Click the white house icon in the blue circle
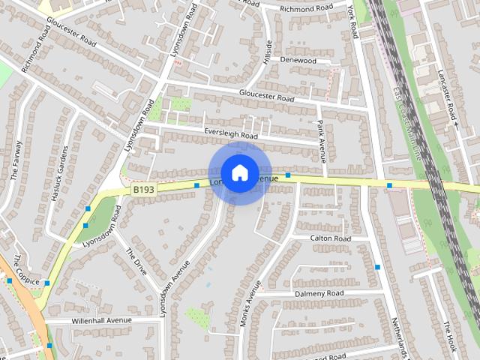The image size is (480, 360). coord(239,172)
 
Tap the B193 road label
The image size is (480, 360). coord(143,190)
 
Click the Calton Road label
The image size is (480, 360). coord(331,238)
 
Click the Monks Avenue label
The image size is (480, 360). coord(250,306)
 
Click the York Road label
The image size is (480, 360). coord(352,21)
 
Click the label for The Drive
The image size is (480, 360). coord(136,262)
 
